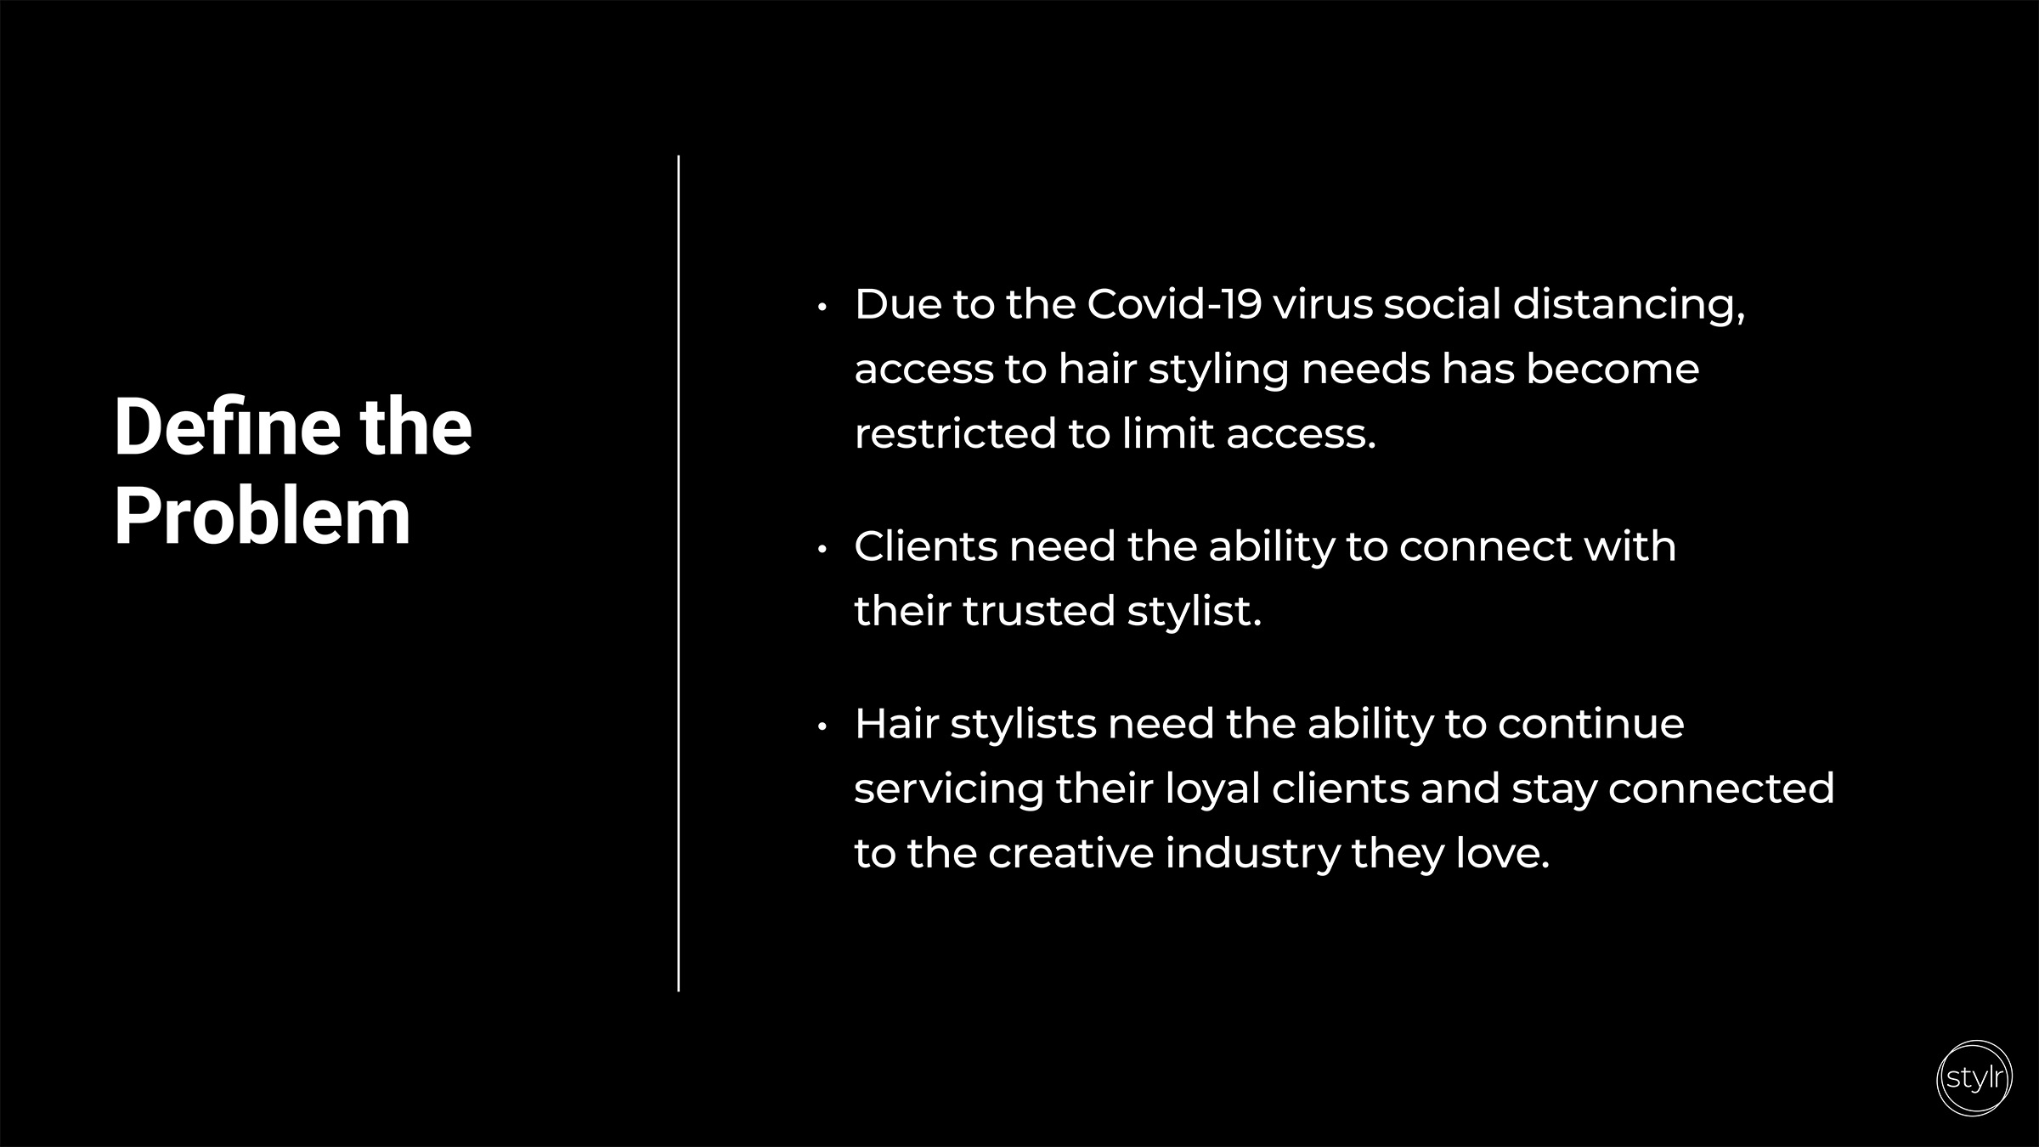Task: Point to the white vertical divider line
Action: [678, 573]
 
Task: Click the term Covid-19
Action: [1174, 304]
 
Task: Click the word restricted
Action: [955, 433]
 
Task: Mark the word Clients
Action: [925, 545]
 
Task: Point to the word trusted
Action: [1038, 610]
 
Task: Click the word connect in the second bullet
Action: [1485, 547]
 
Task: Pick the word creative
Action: [1070, 853]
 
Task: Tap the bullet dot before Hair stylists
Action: [822, 726]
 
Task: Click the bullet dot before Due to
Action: [822, 307]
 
